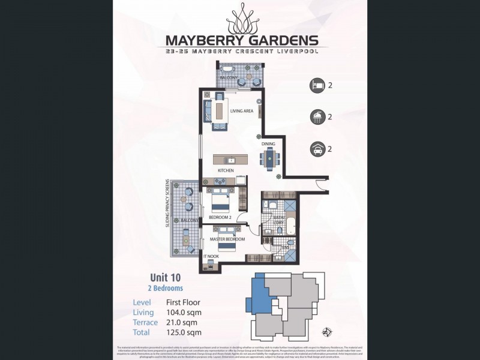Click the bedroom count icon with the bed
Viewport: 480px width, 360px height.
pos(316,85)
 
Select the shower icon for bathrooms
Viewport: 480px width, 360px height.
pos(316,117)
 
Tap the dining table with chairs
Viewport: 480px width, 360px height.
pos(269,158)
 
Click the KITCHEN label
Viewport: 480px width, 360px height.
pos(226,171)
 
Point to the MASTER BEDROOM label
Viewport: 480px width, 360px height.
pos(227,239)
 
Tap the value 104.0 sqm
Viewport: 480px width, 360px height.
pos(184,313)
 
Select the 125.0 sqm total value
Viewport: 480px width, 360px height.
pos(184,332)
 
